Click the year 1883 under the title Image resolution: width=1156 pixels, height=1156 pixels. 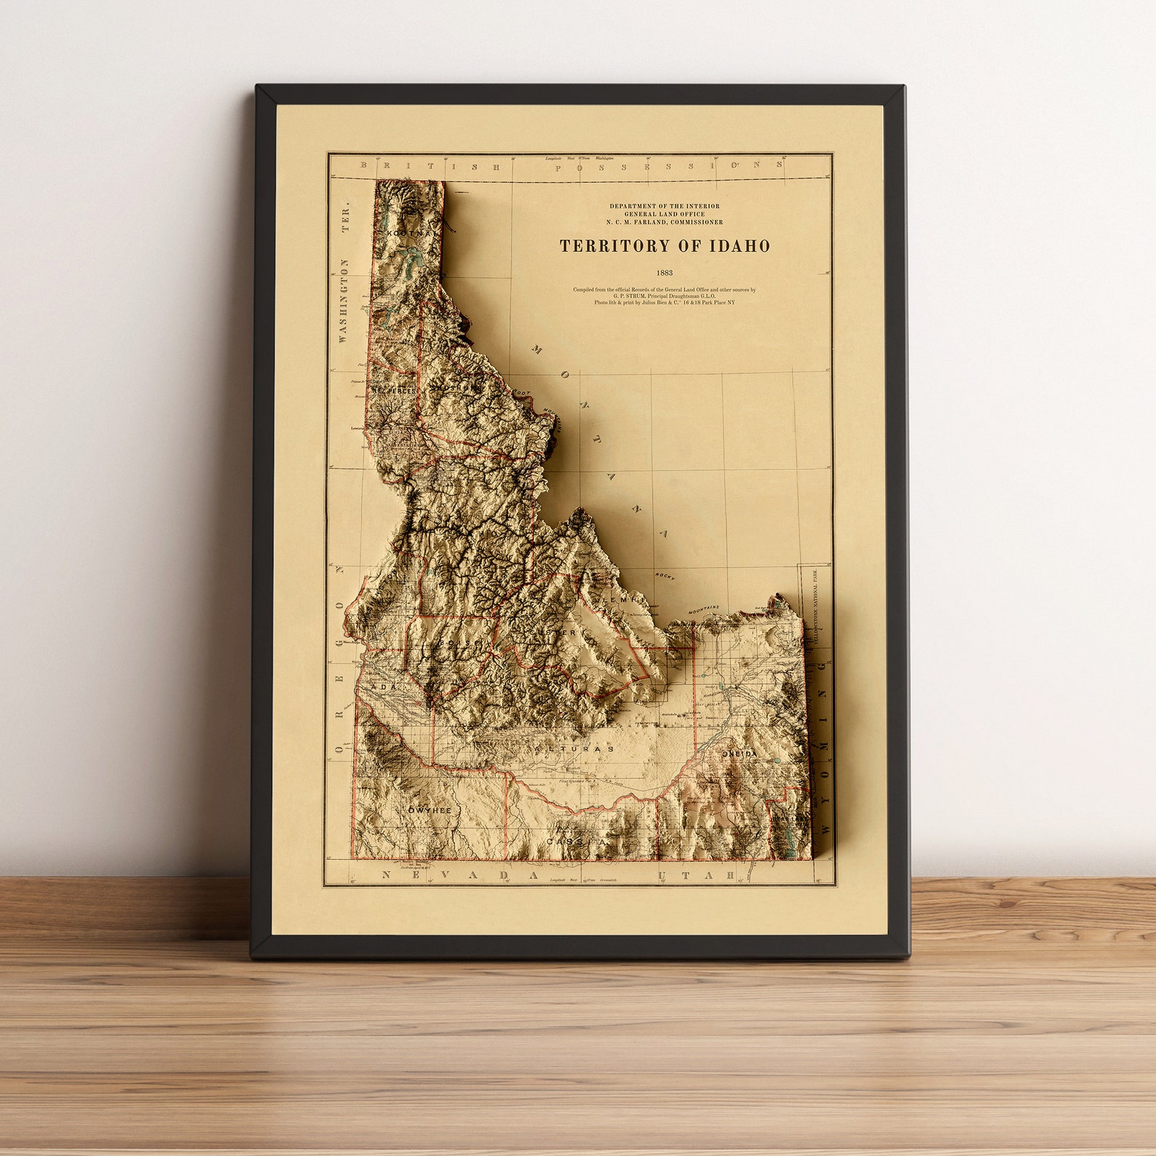tap(664, 273)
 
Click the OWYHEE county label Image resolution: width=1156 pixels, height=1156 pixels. tap(429, 809)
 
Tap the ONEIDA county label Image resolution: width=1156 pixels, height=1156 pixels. tap(740, 755)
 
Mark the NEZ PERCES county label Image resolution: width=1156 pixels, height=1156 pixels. tap(394, 391)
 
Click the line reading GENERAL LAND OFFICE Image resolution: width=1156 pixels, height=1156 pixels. tap(664, 214)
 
